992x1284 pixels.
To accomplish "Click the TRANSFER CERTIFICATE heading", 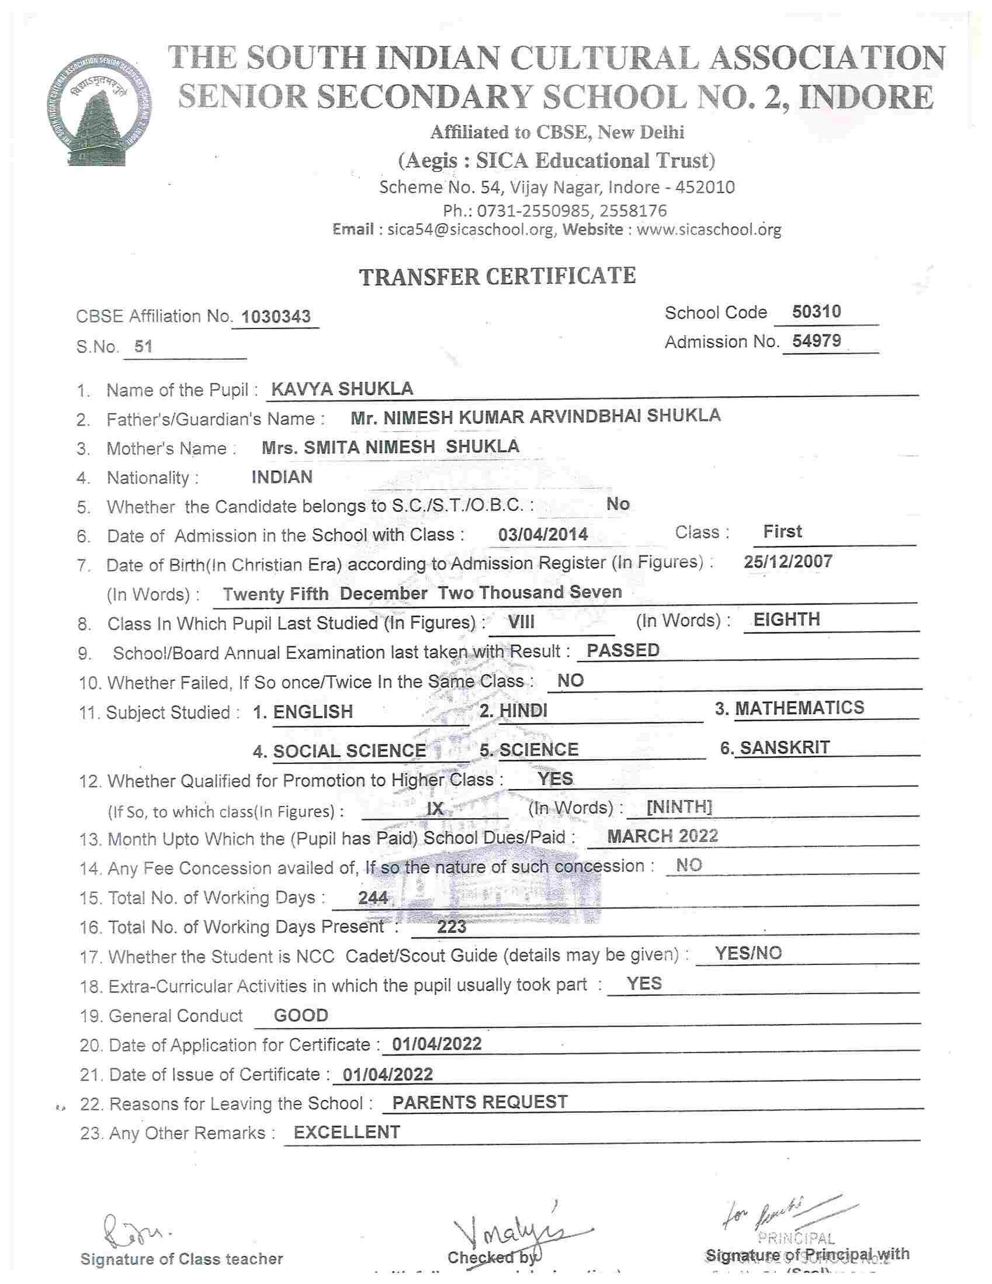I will tap(497, 276).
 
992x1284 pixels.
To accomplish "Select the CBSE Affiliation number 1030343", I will tap(276, 317).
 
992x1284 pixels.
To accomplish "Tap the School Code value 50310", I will tap(816, 312).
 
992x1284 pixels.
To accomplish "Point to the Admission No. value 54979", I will tap(816, 341).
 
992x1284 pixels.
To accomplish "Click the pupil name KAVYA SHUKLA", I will tap(342, 389).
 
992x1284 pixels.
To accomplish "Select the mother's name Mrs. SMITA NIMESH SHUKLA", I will tap(390, 447).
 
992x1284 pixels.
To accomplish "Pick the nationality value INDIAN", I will tap(282, 477).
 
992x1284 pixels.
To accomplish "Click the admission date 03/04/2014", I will tap(543, 534).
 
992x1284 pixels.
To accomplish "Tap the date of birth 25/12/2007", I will tap(788, 562).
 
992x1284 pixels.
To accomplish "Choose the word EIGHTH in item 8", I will tap(786, 619).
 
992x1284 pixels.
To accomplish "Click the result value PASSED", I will tap(623, 650).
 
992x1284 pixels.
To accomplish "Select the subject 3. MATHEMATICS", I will tap(790, 708).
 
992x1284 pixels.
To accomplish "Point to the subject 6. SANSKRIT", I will tap(775, 748).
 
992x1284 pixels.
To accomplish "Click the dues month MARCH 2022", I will tap(663, 836).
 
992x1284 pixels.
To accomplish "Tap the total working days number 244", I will tap(373, 898).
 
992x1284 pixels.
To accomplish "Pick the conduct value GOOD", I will tap(301, 1015).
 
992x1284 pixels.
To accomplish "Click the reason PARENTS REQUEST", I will tap(480, 1102).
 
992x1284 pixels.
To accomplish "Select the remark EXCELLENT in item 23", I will tap(346, 1132).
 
